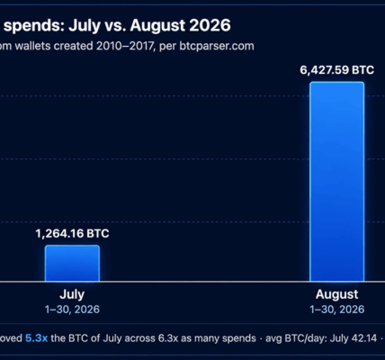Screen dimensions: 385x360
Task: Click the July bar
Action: pyautogui.click(x=72, y=263)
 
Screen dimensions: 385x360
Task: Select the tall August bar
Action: pyautogui.click(x=337, y=182)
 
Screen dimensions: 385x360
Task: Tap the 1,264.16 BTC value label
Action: pyautogui.click(x=72, y=233)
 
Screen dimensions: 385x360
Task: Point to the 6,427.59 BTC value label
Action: pyautogui.click(x=337, y=70)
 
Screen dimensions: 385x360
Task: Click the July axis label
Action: pyautogui.click(x=72, y=294)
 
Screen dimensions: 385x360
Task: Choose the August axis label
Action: pyautogui.click(x=337, y=294)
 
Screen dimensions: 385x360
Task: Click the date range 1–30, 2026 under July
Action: pyautogui.click(x=72, y=310)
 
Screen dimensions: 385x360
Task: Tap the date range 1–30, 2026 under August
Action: pyautogui.click(x=337, y=310)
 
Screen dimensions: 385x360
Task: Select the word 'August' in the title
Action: pyautogui.click(x=158, y=26)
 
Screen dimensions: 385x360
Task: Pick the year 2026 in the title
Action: pyautogui.click(x=210, y=25)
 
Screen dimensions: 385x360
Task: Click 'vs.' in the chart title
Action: pyautogui.click(x=115, y=25)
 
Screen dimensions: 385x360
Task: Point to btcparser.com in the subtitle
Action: pyautogui.click(x=217, y=46)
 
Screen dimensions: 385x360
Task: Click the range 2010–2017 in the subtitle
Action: pyautogui.click(x=125, y=46)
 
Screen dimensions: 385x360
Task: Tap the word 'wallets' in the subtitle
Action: pyautogui.click(x=32, y=46)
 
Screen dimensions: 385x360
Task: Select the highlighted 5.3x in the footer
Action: pyautogui.click(x=36, y=338)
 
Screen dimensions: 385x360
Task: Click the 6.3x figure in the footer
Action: pyautogui.click(x=168, y=338)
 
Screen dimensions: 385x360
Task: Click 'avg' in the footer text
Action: pyautogui.click(x=273, y=339)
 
